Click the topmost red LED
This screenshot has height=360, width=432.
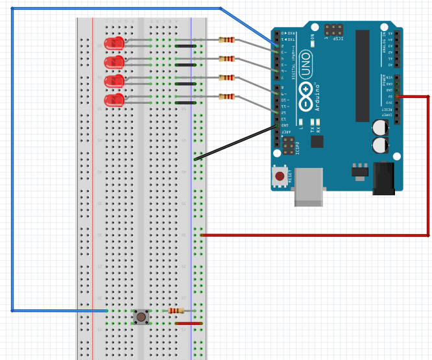[115, 43]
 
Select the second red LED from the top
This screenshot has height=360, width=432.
[115, 62]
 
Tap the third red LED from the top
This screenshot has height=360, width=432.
[115, 81]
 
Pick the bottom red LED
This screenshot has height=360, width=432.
[115, 100]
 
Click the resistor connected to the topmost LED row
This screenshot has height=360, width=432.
[226, 40]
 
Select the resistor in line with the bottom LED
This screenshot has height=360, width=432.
[226, 97]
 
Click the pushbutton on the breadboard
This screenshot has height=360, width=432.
[141, 317]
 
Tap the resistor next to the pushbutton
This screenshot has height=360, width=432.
[176, 311]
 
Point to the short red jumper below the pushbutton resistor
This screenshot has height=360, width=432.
[189, 323]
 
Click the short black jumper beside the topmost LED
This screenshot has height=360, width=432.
[186, 46]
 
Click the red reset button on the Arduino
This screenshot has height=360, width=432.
[280, 176]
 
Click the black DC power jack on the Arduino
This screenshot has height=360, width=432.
[383, 178]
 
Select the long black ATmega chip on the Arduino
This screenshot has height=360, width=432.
[362, 75]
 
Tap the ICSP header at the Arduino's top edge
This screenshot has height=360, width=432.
[334, 30]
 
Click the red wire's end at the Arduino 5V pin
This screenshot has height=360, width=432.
[397, 97]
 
